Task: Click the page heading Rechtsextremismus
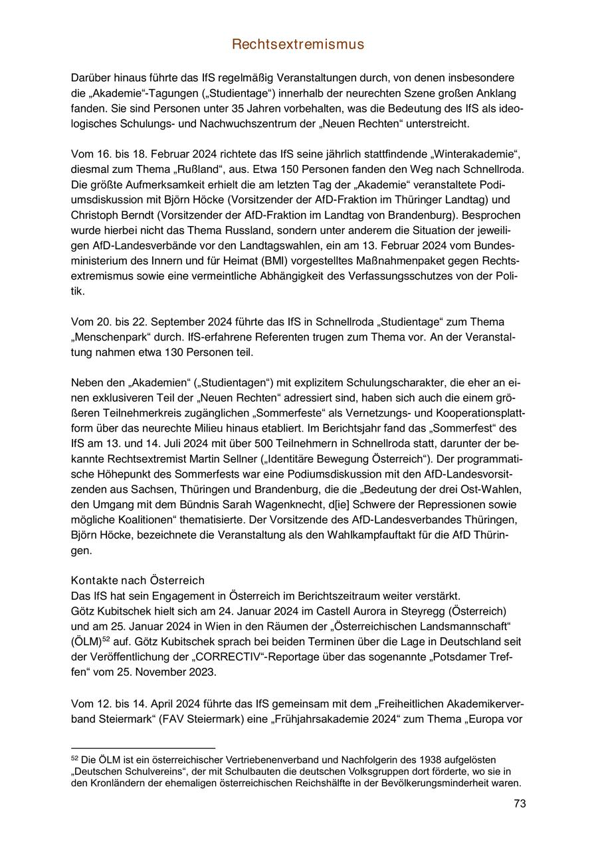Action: point(298,45)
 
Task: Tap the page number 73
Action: point(520,804)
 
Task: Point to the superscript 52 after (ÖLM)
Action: point(106,640)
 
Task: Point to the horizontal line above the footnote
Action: point(143,749)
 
